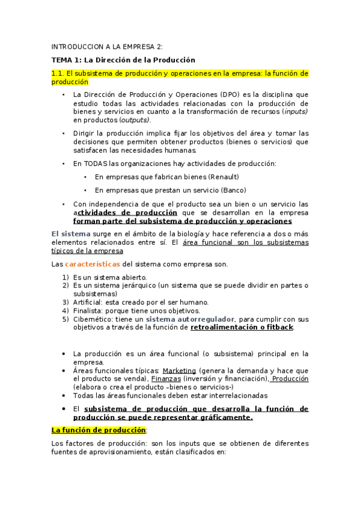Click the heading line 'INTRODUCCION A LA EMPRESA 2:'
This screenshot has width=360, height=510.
pos(106,47)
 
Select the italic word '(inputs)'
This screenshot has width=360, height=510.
pos(295,111)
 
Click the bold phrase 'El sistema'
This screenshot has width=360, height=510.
pos(71,234)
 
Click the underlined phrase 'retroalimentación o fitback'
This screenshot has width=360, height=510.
pos(242,327)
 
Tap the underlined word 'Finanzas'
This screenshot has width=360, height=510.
pos(166,379)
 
